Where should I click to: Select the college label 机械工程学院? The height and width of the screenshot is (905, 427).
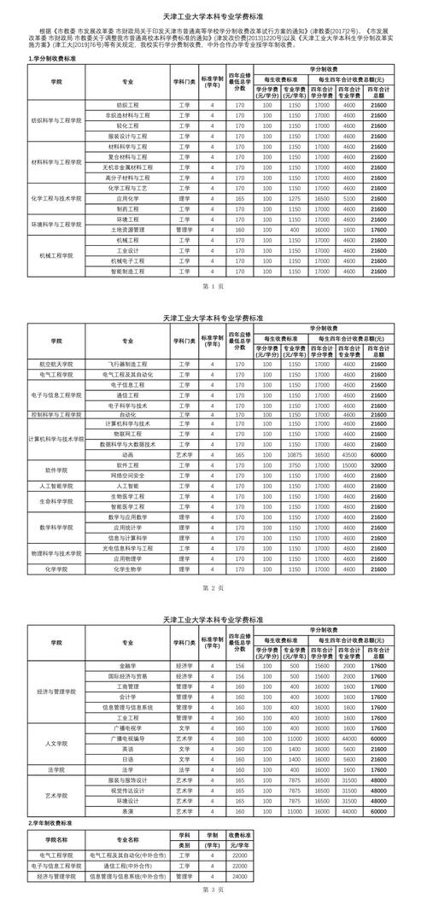tap(56, 256)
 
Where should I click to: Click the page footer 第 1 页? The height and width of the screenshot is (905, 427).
tap(213, 286)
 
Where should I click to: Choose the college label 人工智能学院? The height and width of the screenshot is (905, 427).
tap(56, 485)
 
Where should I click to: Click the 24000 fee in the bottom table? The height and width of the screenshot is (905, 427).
tap(238, 876)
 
